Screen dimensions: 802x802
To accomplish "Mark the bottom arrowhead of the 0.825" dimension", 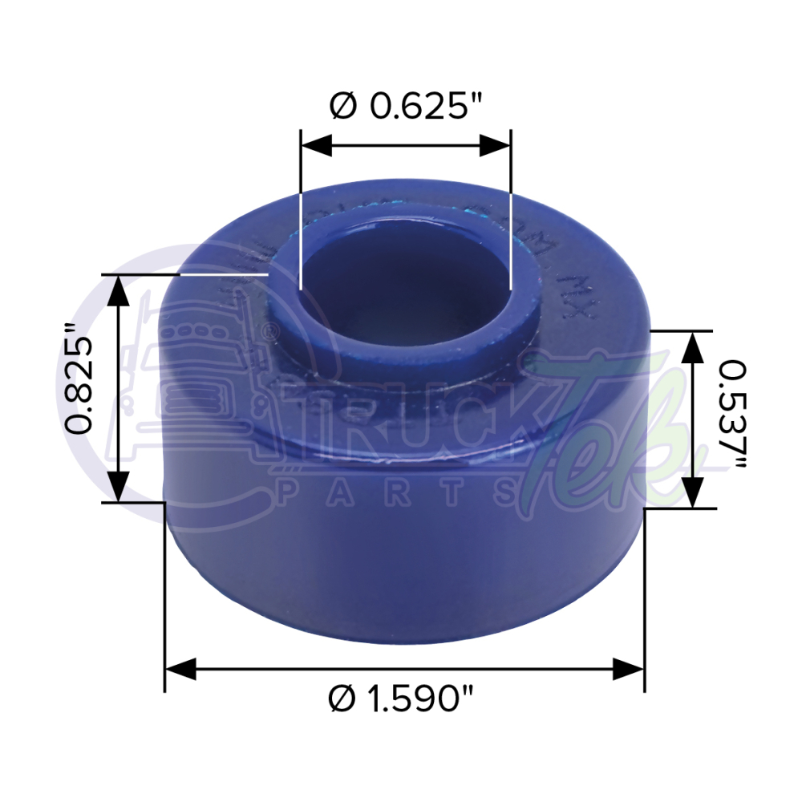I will [118, 487].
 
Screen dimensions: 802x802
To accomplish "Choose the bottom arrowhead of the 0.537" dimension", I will [692, 492].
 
